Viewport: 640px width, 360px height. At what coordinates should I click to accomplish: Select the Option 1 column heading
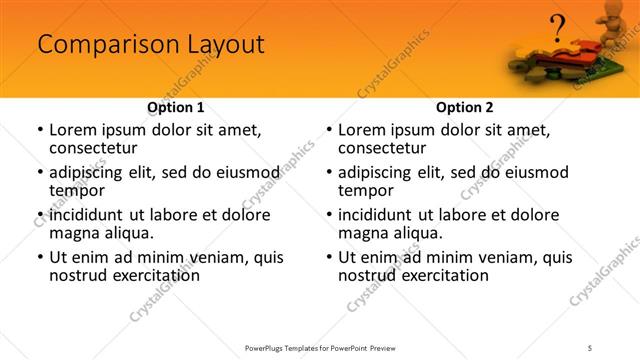click(x=175, y=107)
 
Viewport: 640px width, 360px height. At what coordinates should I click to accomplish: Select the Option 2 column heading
click(x=465, y=107)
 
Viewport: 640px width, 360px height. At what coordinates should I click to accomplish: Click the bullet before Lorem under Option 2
click(x=328, y=130)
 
